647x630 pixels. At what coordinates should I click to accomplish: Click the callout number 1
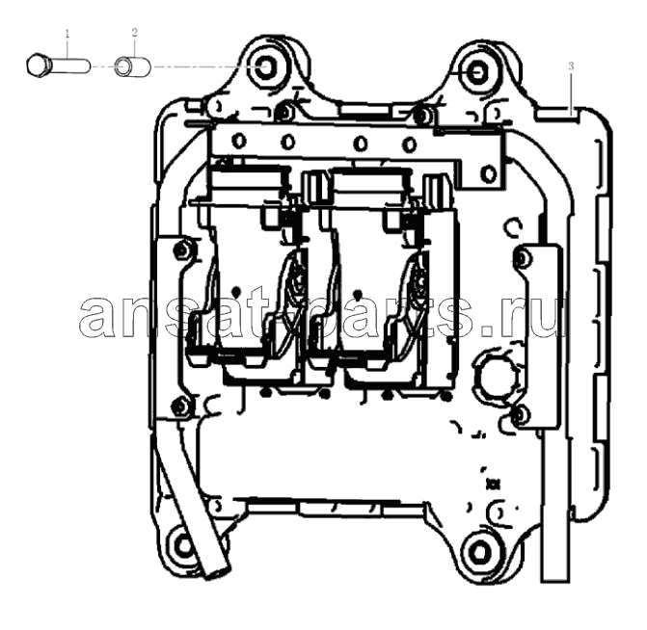click(x=67, y=34)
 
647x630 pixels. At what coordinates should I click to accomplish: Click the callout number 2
click(x=135, y=32)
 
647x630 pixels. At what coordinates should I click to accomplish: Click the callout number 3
click(x=571, y=66)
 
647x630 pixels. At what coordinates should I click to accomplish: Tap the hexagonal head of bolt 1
click(x=38, y=66)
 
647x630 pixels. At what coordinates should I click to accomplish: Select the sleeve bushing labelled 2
click(x=133, y=66)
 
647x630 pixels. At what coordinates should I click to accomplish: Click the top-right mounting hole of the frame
click(x=477, y=73)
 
